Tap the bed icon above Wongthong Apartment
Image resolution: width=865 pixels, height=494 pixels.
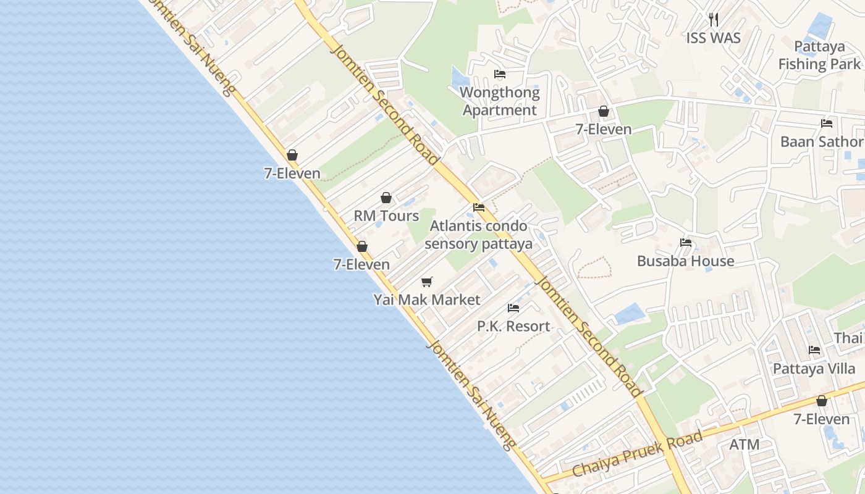(x=500, y=75)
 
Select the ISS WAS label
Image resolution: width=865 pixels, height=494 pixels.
(x=713, y=38)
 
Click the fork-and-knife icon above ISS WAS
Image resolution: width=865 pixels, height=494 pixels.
(x=713, y=20)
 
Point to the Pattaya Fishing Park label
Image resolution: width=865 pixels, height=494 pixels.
(x=819, y=55)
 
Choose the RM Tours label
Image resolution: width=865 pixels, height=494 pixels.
(x=386, y=216)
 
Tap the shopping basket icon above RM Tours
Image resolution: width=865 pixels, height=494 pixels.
(x=386, y=198)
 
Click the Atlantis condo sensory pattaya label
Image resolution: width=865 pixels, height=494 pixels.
(x=478, y=234)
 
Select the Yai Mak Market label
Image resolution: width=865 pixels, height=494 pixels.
(x=426, y=300)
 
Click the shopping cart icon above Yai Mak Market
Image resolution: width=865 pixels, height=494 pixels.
(x=426, y=282)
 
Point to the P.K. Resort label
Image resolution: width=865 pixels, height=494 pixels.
(x=513, y=326)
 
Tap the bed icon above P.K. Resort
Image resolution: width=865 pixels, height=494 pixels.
(x=513, y=308)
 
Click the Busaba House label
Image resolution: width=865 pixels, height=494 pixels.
(x=685, y=261)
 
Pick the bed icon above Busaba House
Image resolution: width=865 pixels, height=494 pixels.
(x=685, y=243)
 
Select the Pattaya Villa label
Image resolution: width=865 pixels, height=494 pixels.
(x=814, y=369)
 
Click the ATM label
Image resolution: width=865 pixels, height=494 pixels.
(x=744, y=445)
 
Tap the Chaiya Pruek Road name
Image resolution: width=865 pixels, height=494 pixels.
(x=637, y=454)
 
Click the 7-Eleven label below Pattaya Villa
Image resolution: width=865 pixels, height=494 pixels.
(x=821, y=419)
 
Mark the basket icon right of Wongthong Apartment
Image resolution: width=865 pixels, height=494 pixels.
(x=603, y=112)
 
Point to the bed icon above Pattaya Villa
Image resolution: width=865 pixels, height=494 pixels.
(x=814, y=350)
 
